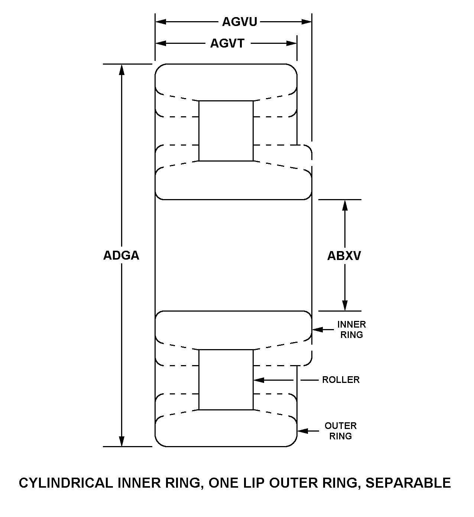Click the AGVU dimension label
point(240,22)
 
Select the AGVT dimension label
point(227,43)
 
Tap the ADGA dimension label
point(121,256)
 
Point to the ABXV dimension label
point(344,256)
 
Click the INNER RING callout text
point(351,329)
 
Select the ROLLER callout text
point(341,380)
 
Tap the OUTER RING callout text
point(340,431)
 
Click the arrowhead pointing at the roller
point(259,380)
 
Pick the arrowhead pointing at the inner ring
point(318,329)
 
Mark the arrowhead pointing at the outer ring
point(303,431)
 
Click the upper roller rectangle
point(226,131)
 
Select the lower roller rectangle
point(226,380)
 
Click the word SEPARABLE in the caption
point(408,483)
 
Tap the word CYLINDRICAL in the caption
point(66,483)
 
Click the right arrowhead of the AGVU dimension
point(306,22)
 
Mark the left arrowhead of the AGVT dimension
point(161,43)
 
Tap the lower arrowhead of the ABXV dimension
point(345,306)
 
